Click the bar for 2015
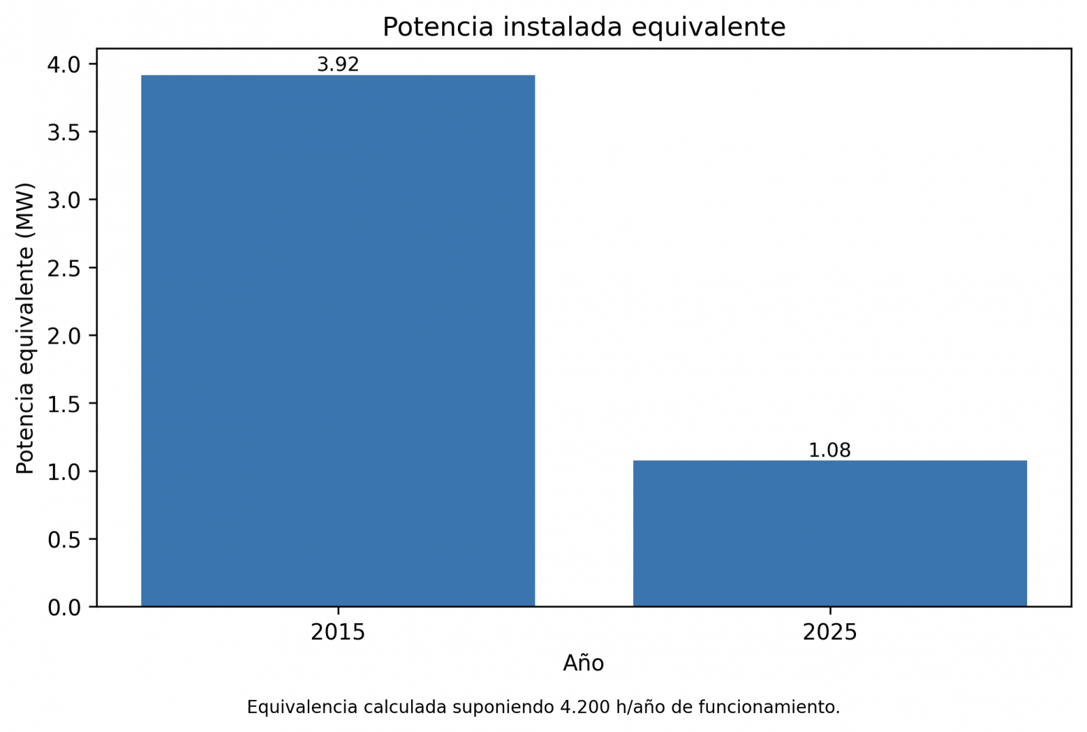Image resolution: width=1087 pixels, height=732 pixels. (338, 341)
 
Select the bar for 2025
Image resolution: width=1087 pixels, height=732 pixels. (830, 533)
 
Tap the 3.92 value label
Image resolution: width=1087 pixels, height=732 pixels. (338, 65)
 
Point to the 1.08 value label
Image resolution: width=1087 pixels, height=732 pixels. (830, 451)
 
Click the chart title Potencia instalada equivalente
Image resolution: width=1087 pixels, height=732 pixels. (584, 27)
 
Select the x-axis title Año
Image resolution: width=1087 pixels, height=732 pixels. (584, 663)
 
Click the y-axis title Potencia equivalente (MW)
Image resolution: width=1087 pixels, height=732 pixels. (25, 329)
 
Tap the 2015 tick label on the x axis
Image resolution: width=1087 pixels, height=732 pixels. (338, 633)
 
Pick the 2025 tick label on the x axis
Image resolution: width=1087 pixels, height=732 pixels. (830, 633)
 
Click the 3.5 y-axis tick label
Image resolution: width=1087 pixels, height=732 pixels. (64, 132)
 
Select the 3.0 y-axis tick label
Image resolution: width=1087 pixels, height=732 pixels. (64, 200)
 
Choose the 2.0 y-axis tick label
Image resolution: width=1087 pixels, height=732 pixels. (64, 336)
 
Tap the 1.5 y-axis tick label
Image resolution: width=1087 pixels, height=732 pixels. (64, 403)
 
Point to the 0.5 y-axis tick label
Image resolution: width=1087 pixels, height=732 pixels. (64, 539)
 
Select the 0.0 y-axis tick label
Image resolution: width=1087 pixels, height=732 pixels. (64, 607)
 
